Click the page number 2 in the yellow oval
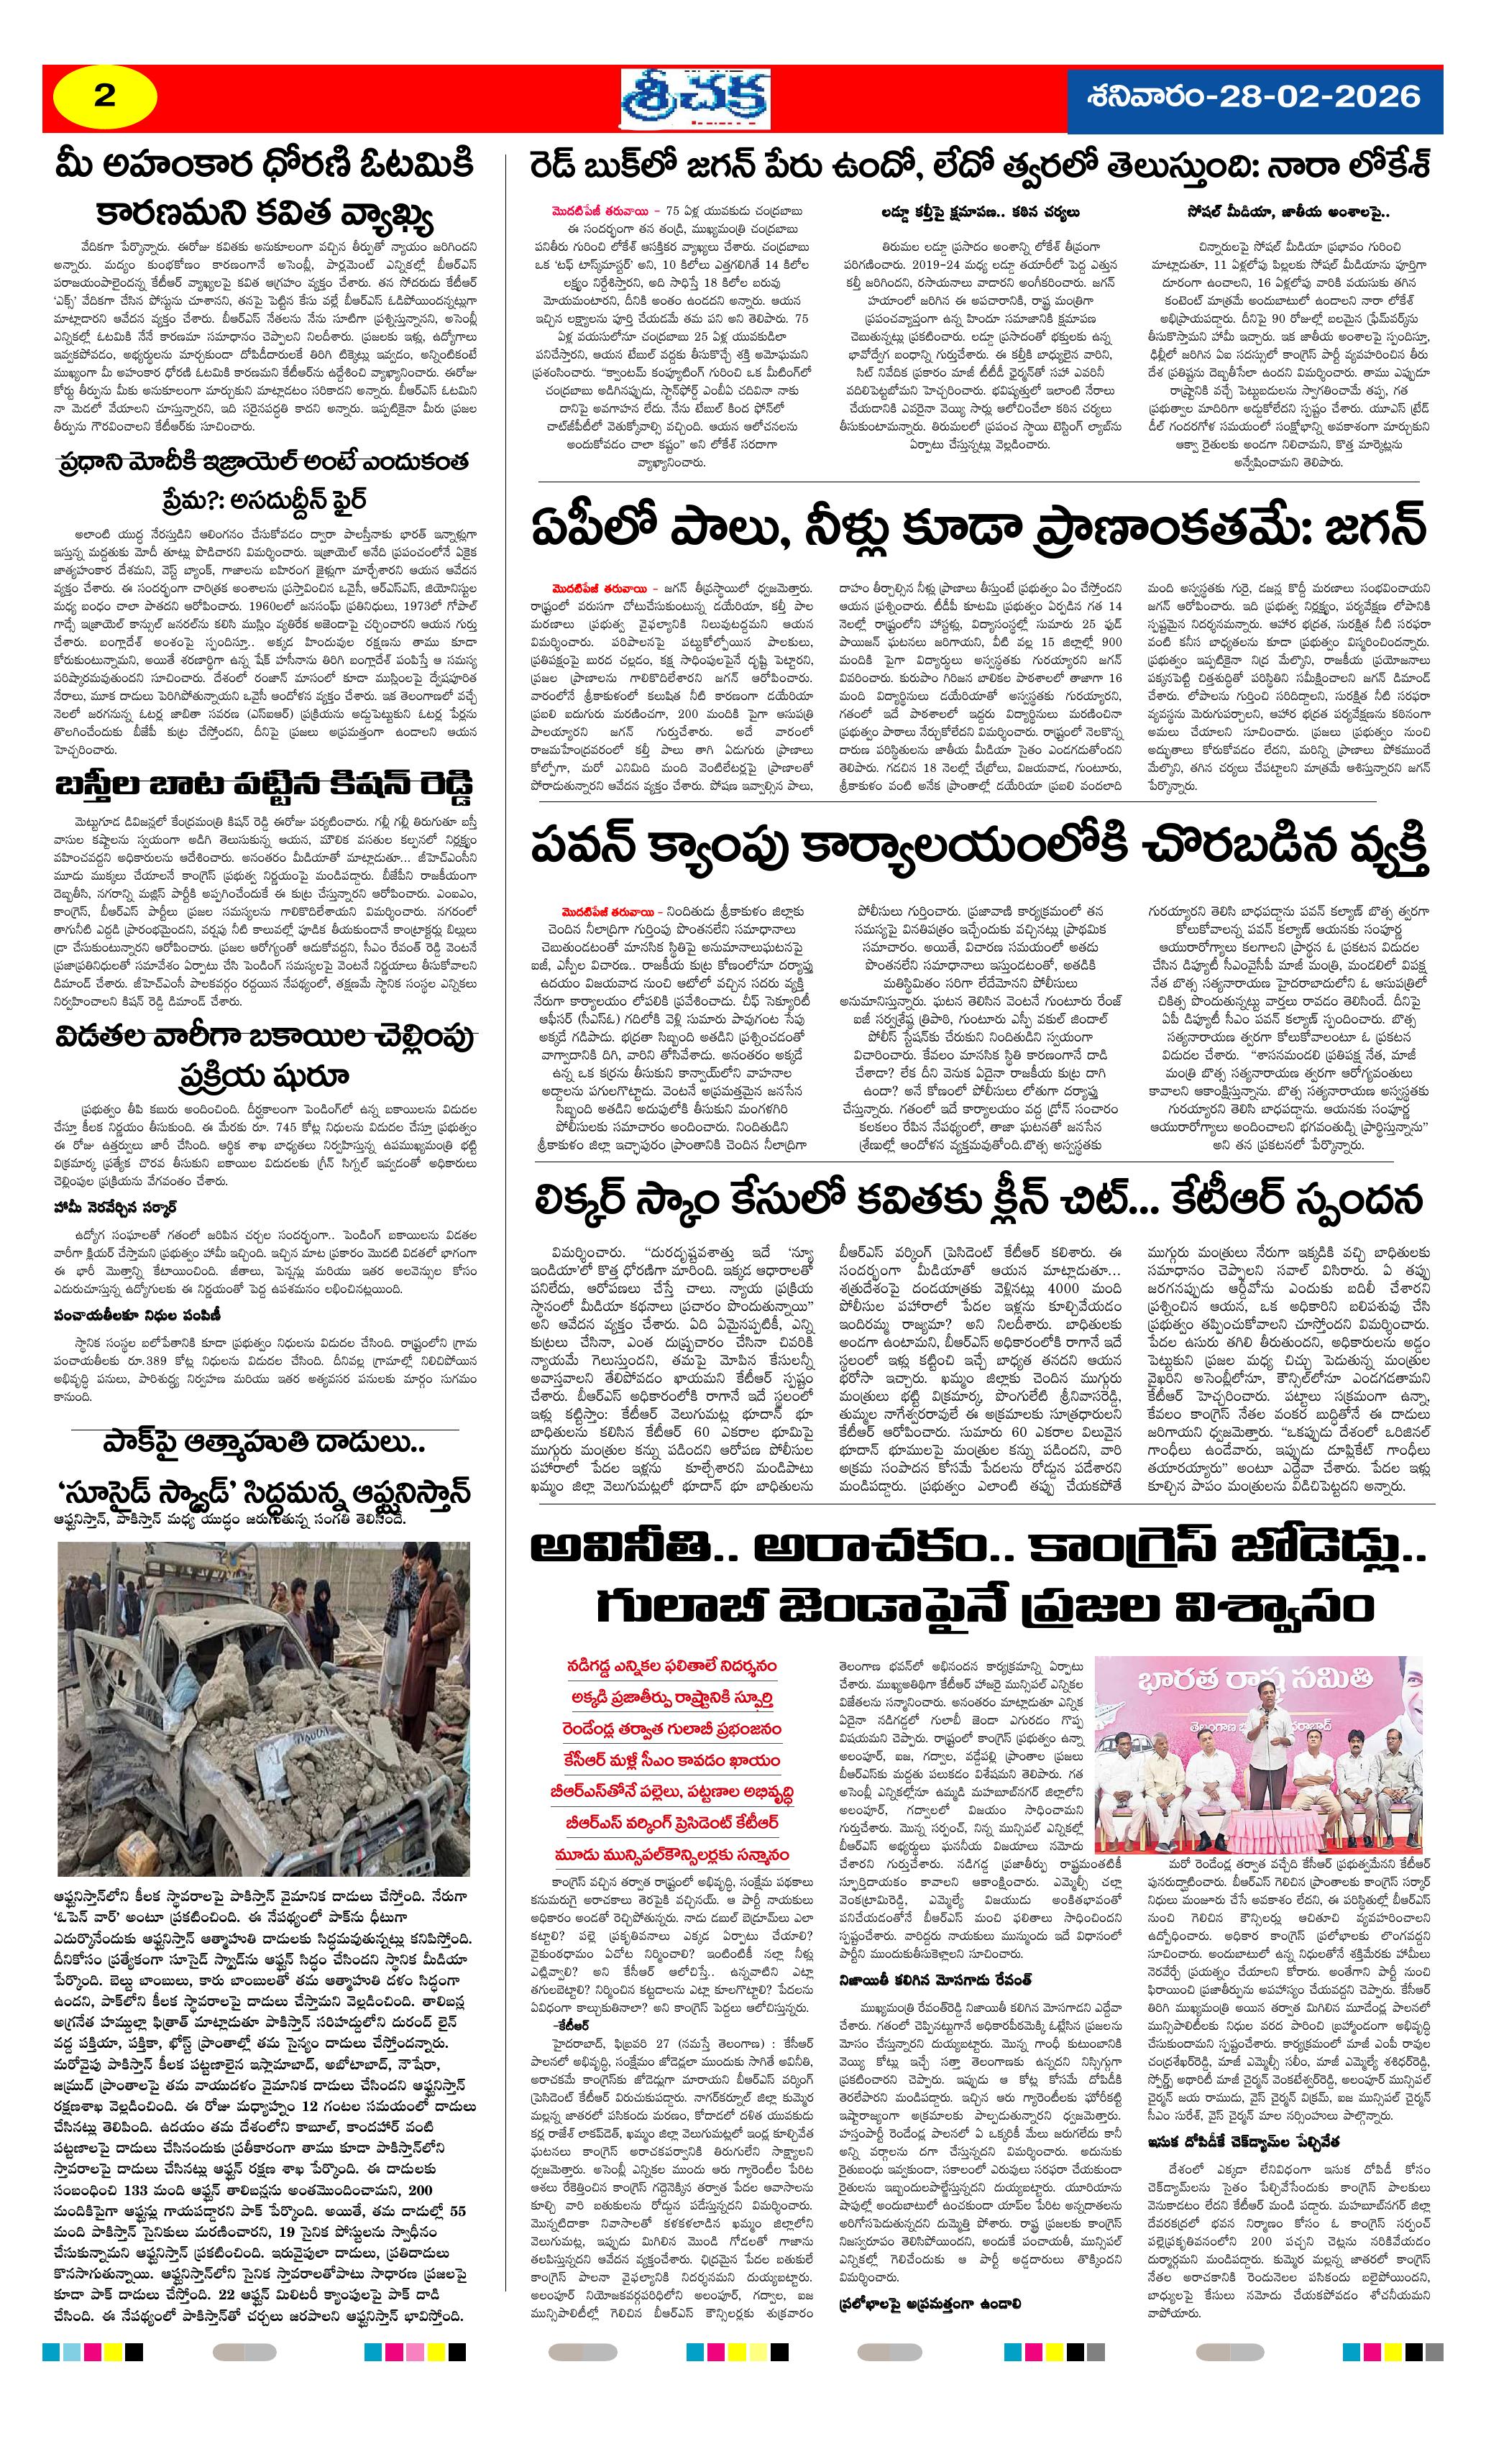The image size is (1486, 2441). pos(104,97)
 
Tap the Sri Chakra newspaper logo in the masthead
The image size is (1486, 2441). pos(695,100)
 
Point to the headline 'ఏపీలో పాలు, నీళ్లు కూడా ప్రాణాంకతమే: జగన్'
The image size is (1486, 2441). pos(978,526)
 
